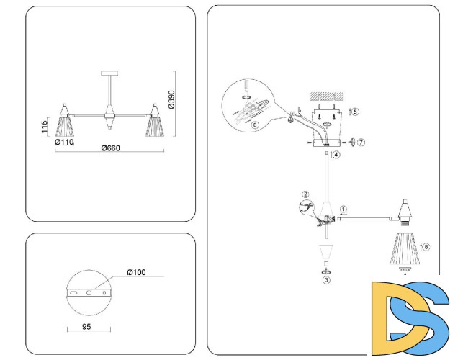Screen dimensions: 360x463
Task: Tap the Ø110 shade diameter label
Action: [66, 142]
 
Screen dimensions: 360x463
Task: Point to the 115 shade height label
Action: [45, 127]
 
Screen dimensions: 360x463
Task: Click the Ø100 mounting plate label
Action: [137, 272]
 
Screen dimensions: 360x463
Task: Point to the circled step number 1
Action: [343, 210]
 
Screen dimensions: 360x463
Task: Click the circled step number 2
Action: [305, 194]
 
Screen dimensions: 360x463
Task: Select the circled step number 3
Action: [326, 280]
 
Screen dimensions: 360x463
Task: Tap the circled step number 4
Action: [336, 154]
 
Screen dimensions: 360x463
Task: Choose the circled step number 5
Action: [355, 112]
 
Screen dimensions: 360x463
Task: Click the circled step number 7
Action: [361, 143]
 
